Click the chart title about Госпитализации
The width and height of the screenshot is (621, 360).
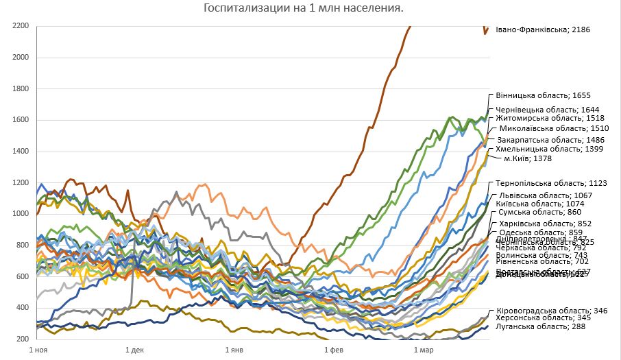[x=304, y=8]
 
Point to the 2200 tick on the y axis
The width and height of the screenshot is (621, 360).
[x=19, y=26]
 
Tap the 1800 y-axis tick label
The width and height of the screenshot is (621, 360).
[x=19, y=88]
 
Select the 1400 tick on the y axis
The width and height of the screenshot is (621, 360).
[x=19, y=152]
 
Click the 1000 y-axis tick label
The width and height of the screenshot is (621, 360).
[x=19, y=214]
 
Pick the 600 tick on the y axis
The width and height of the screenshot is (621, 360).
[x=21, y=276]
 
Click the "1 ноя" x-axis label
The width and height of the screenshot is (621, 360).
[x=38, y=350]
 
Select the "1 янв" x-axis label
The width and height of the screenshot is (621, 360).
[x=234, y=350]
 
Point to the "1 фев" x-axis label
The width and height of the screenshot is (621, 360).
[x=332, y=350]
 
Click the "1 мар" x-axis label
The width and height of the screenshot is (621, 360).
[x=423, y=350]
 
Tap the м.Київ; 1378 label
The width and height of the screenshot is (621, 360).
[x=546, y=158]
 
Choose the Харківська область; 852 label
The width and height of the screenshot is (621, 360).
[x=544, y=224]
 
